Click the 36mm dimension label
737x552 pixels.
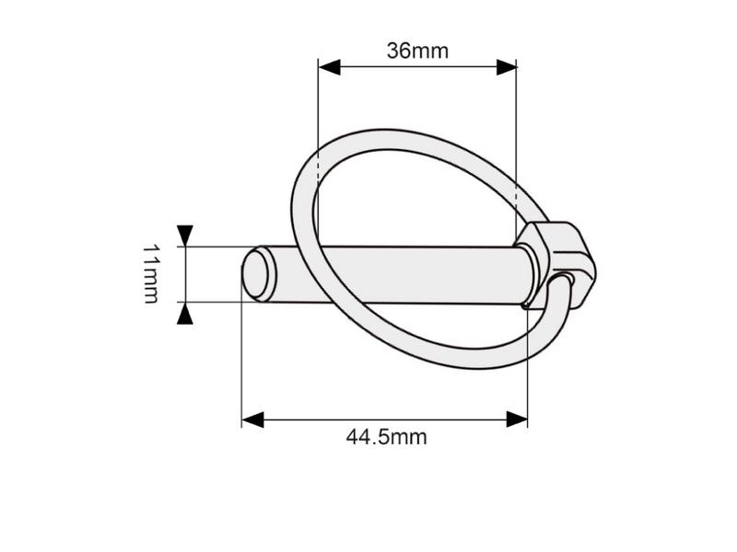pyautogui.click(x=417, y=51)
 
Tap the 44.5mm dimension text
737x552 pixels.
pyautogui.click(x=386, y=437)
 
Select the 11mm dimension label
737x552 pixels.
pyautogui.click(x=151, y=274)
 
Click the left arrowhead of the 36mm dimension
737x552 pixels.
pyautogui.click(x=329, y=67)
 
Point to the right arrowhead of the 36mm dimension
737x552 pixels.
pyautogui.click(x=506, y=67)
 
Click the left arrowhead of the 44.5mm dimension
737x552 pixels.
pyautogui.click(x=252, y=420)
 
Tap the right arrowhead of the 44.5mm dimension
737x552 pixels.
pyautogui.click(x=517, y=420)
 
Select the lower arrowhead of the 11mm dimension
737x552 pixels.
pyautogui.click(x=185, y=315)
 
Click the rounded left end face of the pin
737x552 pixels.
pyautogui.click(x=256, y=275)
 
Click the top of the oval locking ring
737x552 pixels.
pyautogui.click(x=405, y=131)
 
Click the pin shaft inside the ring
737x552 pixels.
pyautogui.click(x=415, y=274)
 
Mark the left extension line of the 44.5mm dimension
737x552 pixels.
pyautogui.click(x=241, y=368)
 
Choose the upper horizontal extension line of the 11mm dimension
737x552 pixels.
pyautogui.click(x=212, y=247)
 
